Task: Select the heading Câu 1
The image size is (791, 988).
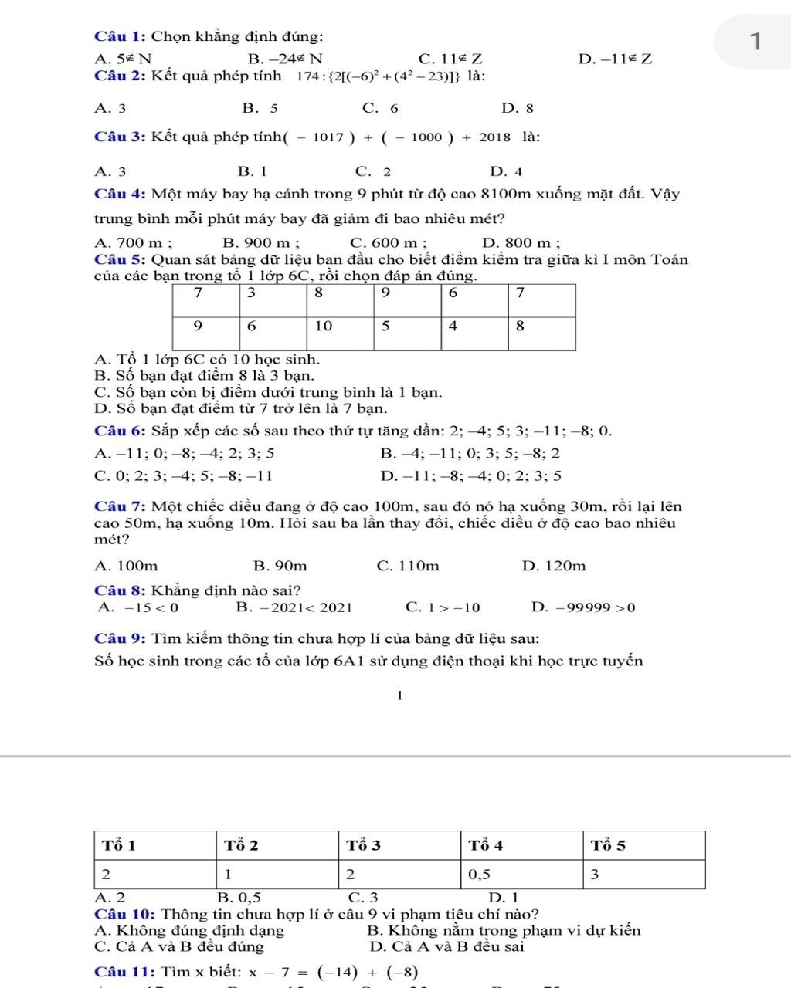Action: pyautogui.click(x=120, y=36)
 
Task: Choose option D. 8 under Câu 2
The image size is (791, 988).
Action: pyautogui.click(x=518, y=108)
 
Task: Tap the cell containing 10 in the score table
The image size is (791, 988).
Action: pyautogui.click(x=324, y=326)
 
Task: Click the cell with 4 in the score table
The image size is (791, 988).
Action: pyautogui.click(x=453, y=326)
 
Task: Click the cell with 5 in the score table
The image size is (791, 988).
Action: pyautogui.click(x=386, y=326)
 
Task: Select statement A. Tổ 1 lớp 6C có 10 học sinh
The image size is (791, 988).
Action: pyautogui.click(x=206, y=359)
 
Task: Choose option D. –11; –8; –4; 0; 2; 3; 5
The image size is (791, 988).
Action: pyautogui.click(x=471, y=475)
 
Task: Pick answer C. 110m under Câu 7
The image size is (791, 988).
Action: pyautogui.click(x=408, y=566)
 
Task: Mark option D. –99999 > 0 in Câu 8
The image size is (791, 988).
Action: pyautogui.click(x=583, y=607)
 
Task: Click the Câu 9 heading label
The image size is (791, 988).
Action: pyautogui.click(x=120, y=638)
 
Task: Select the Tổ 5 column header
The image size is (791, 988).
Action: pyautogui.click(x=609, y=845)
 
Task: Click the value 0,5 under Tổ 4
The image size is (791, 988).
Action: pyautogui.click(x=480, y=875)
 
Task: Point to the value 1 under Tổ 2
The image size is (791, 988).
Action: pyautogui.click(x=229, y=875)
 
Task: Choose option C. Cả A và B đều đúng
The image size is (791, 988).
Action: pyautogui.click(x=179, y=946)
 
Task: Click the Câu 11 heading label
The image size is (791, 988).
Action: pyautogui.click(x=124, y=971)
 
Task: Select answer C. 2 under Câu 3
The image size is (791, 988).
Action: pyautogui.click(x=373, y=171)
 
